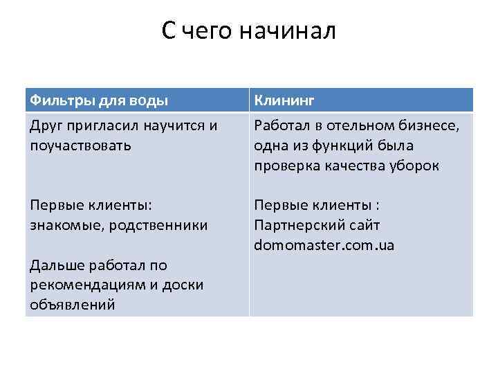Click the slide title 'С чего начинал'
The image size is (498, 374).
[x=249, y=31]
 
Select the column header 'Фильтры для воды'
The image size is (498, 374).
[x=98, y=100]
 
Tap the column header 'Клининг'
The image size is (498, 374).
[x=284, y=100]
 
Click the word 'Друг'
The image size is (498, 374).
[x=46, y=126]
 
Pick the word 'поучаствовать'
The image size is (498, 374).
[x=81, y=145]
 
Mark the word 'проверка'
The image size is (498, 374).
[x=285, y=166]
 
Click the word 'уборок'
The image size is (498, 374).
[x=415, y=166]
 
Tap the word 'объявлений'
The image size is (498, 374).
[x=71, y=304]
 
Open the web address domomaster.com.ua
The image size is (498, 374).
[x=324, y=245]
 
